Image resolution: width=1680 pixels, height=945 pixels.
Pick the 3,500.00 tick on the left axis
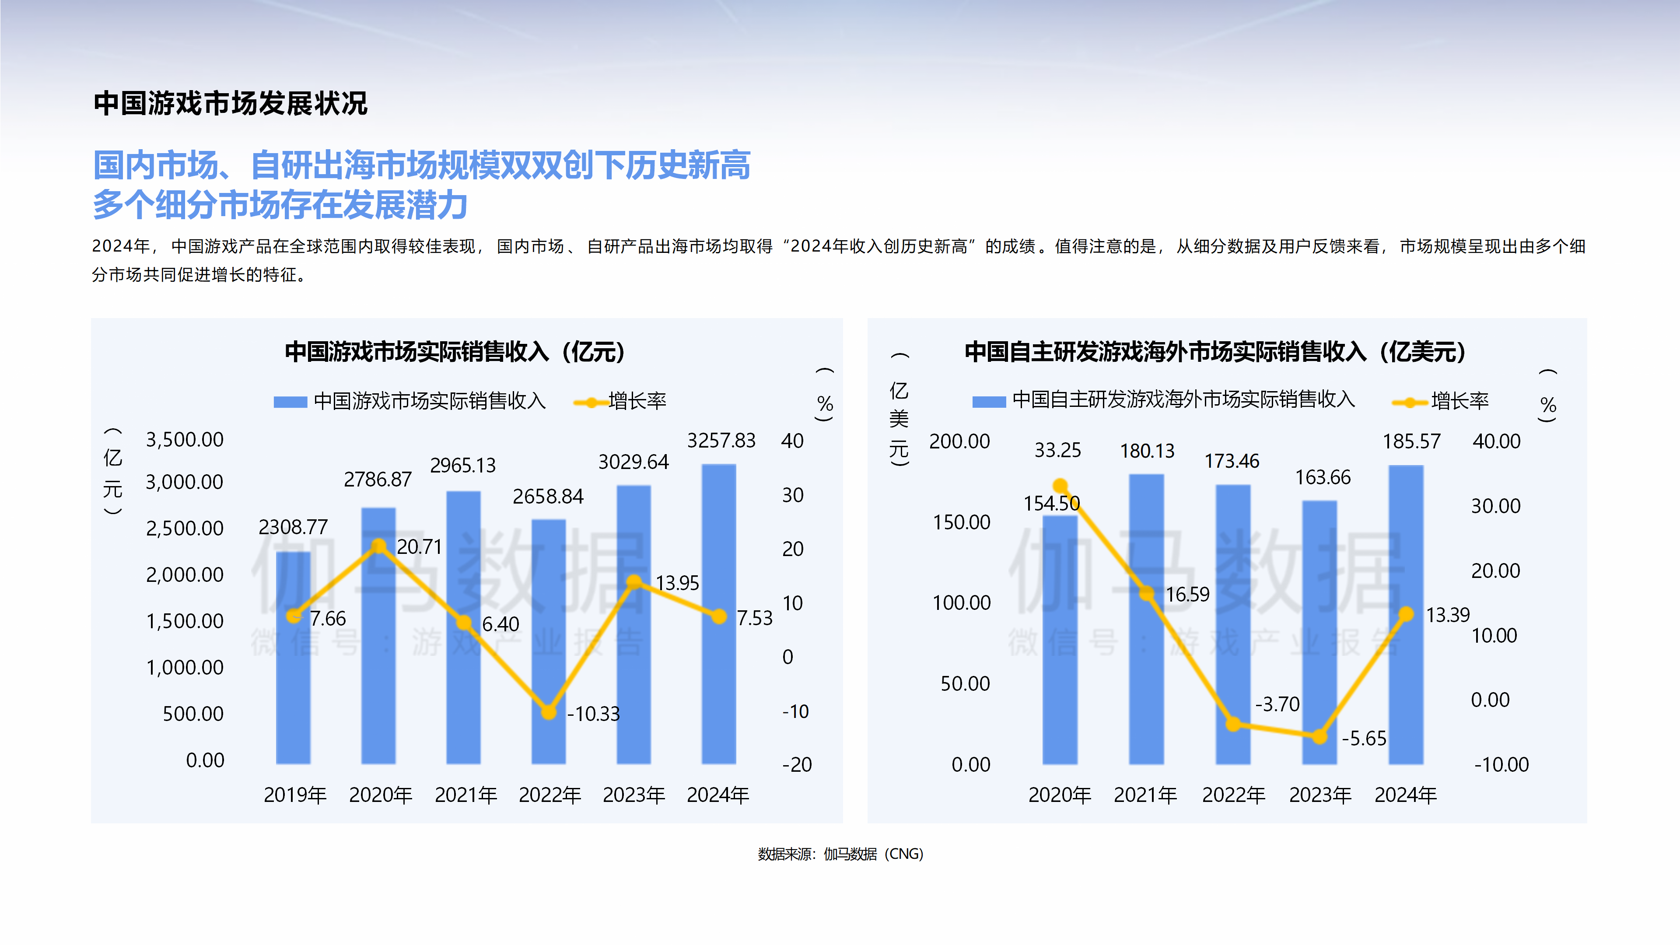point(185,440)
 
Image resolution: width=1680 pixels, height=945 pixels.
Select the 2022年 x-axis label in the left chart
point(550,795)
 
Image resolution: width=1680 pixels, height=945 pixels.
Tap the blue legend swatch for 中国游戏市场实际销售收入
point(290,402)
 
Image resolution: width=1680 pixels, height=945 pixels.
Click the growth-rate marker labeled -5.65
point(1319,737)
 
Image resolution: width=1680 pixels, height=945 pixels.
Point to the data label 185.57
point(1411,441)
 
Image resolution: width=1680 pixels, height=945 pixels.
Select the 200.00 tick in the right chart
point(959,441)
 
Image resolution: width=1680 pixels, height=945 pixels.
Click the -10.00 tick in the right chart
point(1501,764)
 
